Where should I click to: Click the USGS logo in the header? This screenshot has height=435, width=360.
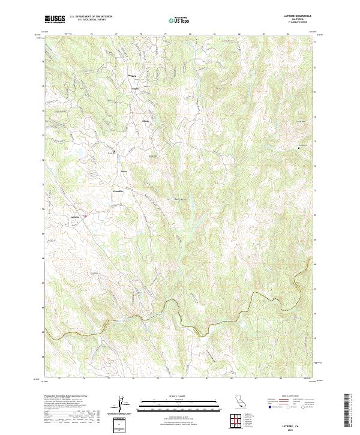click(55, 19)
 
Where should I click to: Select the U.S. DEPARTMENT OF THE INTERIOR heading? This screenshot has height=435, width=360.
click(91, 16)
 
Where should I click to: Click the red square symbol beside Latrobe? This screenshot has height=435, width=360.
click(85, 216)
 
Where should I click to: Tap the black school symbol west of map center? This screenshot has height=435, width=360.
click(113, 152)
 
